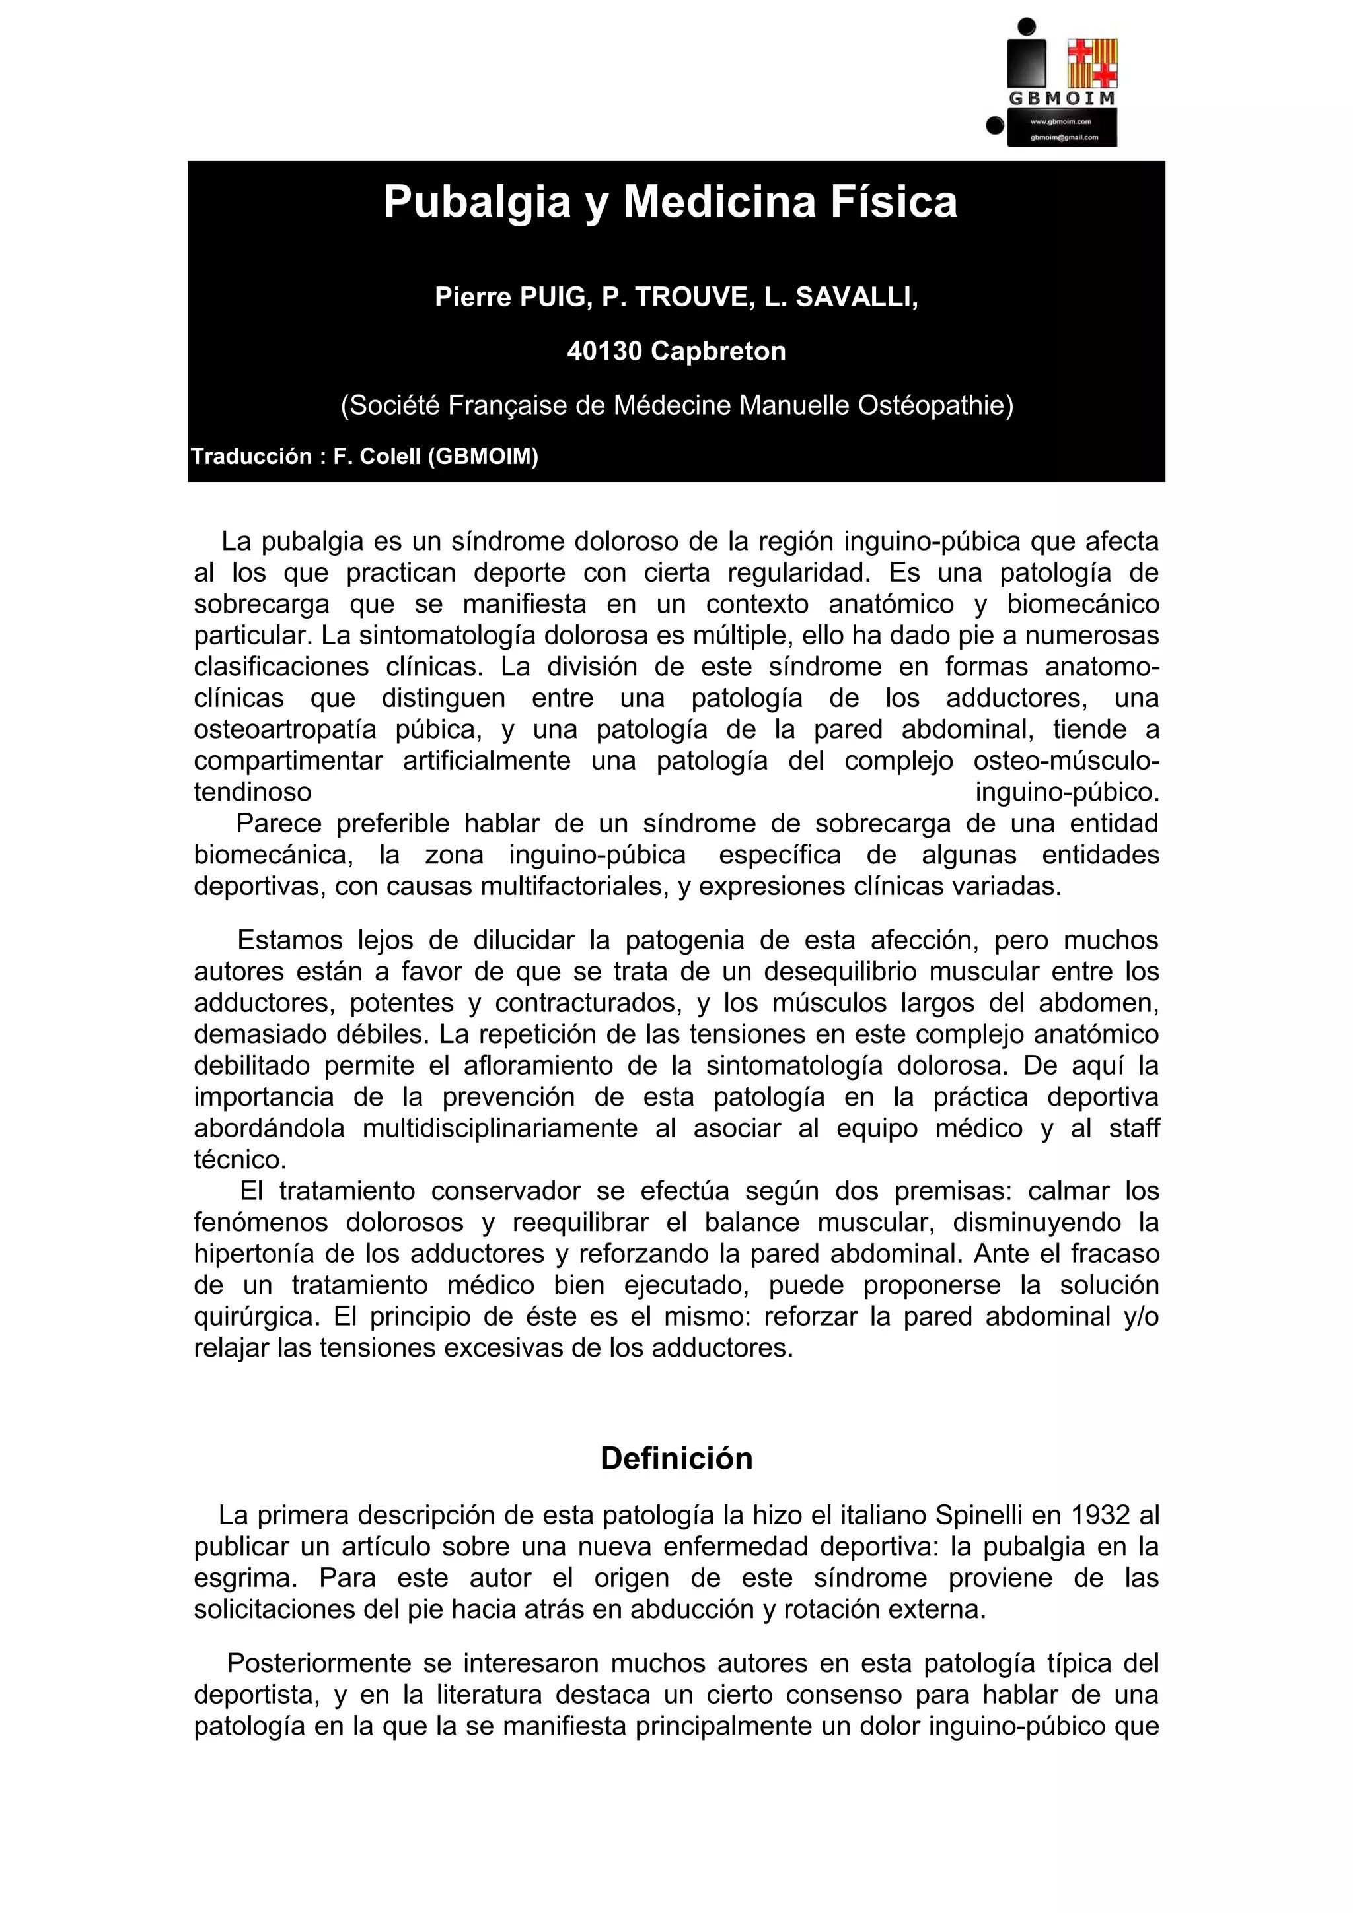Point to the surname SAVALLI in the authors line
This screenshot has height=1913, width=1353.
[x=856, y=298]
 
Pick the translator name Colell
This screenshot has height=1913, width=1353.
[x=388, y=457]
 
